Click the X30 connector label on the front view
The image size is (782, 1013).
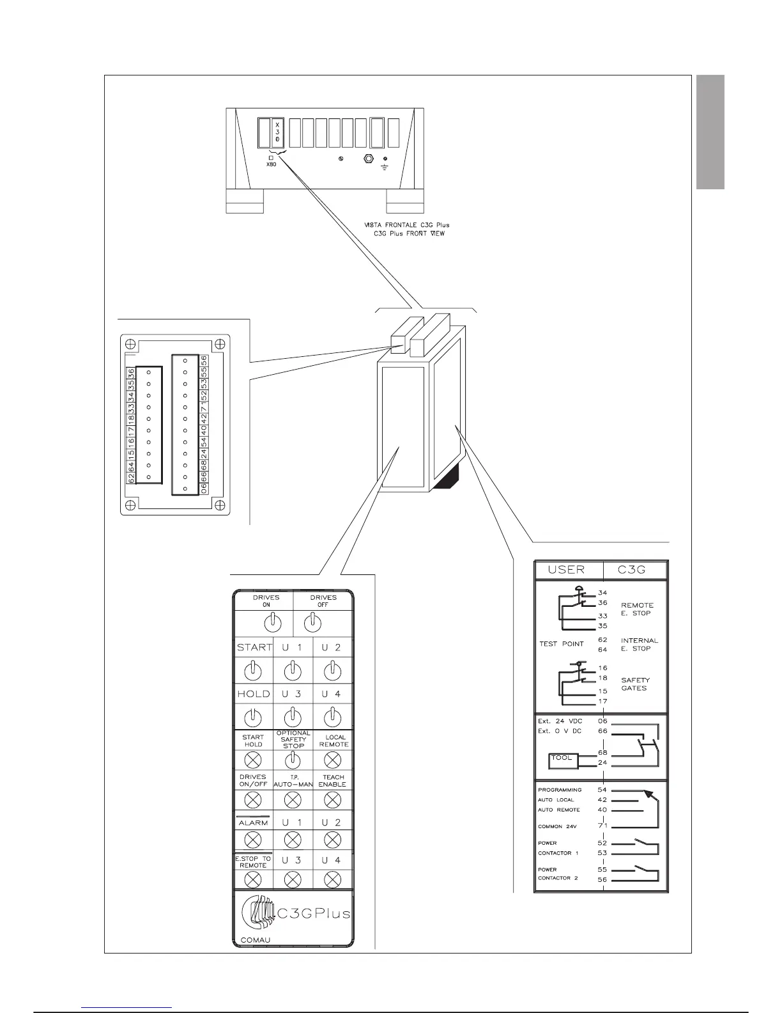pyautogui.click(x=277, y=130)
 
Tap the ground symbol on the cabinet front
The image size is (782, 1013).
pyautogui.click(x=384, y=164)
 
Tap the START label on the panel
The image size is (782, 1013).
pyautogui.click(x=254, y=647)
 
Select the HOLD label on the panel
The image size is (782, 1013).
pyautogui.click(x=254, y=694)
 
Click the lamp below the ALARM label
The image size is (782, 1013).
pyautogui.click(x=253, y=839)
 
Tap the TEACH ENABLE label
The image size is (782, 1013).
pyautogui.click(x=332, y=781)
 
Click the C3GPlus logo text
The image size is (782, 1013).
pyautogui.click(x=313, y=913)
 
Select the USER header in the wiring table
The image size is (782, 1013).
pyautogui.click(x=566, y=570)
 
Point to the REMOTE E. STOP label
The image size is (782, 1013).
pyautogui.click(x=637, y=609)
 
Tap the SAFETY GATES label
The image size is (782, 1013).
pyautogui.click(x=635, y=684)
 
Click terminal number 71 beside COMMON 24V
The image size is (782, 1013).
pyautogui.click(x=602, y=826)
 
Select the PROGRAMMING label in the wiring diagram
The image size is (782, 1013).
pyautogui.click(x=560, y=790)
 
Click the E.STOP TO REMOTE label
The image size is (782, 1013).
pyautogui.click(x=254, y=861)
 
